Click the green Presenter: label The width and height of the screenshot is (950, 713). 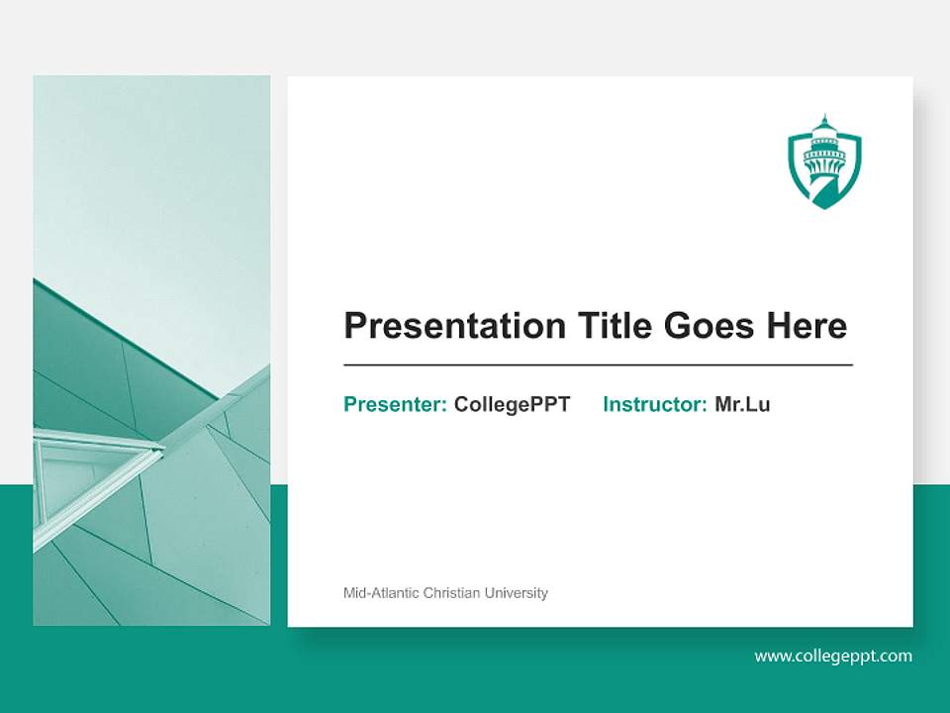pyautogui.click(x=395, y=404)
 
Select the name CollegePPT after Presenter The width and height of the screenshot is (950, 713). pyautogui.click(x=512, y=404)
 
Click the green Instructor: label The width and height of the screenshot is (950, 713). pyautogui.click(x=654, y=404)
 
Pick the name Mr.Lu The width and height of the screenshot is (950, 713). pyautogui.click(x=742, y=404)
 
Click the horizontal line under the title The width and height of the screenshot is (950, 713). pyautogui.click(x=598, y=365)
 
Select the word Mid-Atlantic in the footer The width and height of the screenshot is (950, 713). pyautogui.click(x=381, y=593)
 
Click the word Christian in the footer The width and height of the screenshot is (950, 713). pyautogui.click(x=451, y=593)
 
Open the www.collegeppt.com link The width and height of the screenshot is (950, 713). pyautogui.click(x=833, y=656)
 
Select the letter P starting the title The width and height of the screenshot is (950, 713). pyautogui.click(x=354, y=326)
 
